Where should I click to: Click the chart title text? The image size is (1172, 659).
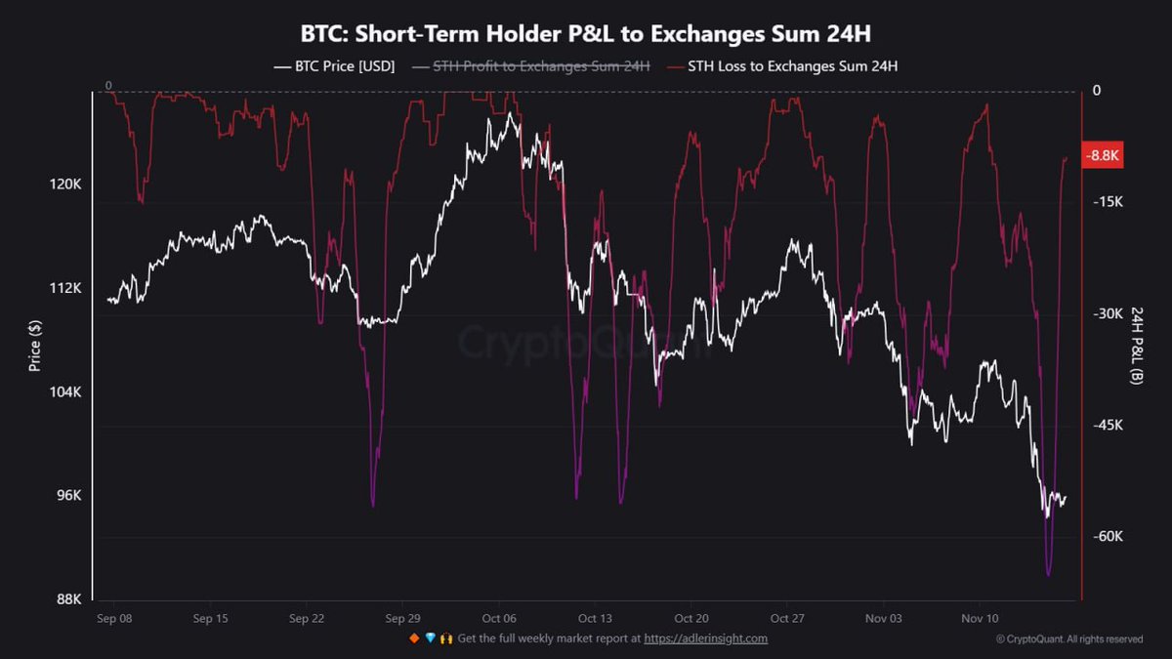(586, 32)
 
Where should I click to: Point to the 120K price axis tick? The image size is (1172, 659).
(65, 185)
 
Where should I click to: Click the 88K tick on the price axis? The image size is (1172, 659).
(68, 598)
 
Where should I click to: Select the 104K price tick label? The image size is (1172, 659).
(65, 391)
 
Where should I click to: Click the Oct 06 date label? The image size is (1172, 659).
(498, 618)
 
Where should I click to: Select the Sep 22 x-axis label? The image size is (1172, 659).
(307, 618)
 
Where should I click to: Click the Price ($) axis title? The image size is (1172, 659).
(35, 346)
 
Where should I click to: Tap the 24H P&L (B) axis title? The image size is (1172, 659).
(1136, 345)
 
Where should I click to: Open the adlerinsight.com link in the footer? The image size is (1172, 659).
(705, 638)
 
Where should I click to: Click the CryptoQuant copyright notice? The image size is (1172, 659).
(1068, 639)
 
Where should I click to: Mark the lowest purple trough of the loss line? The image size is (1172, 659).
(1048, 574)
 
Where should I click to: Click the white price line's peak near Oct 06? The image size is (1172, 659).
(510, 114)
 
